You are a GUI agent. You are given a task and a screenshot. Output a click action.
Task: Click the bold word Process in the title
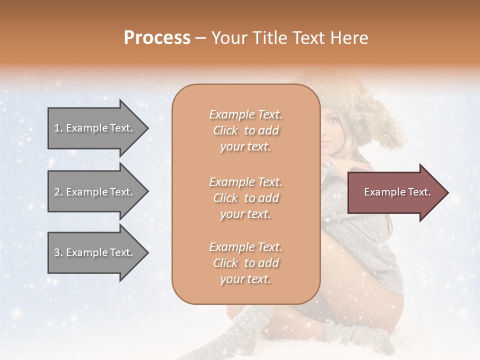click(157, 38)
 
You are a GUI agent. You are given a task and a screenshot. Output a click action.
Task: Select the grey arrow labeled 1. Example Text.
click(95, 128)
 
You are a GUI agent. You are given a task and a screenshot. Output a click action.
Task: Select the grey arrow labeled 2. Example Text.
click(95, 192)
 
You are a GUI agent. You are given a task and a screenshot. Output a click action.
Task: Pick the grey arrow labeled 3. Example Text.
click(95, 252)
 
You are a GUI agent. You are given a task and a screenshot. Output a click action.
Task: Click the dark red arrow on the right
click(395, 192)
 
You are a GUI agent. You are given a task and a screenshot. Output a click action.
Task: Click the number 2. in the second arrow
click(58, 192)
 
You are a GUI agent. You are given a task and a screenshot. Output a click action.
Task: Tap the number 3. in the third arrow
click(58, 252)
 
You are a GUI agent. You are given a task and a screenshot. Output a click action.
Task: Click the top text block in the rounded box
click(245, 130)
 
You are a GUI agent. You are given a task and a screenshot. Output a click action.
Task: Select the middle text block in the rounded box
click(245, 198)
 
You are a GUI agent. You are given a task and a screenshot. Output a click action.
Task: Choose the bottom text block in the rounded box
click(245, 263)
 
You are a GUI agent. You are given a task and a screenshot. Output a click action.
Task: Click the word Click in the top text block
click(225, 130)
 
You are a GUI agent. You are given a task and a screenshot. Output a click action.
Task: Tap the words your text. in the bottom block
click(245, 279)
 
